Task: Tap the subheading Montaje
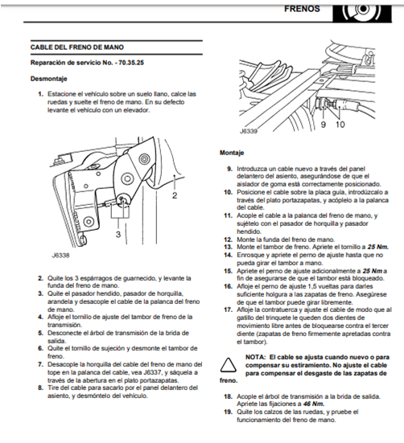233,152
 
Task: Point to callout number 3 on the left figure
117,234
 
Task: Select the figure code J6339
249,130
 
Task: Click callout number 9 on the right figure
323,125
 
